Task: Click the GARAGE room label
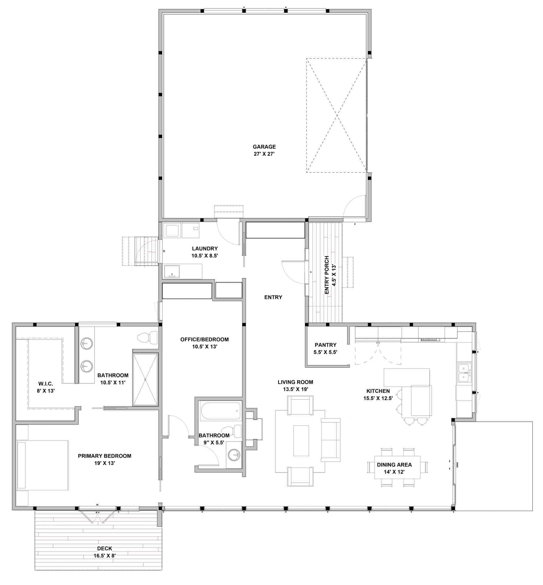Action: (264, 147)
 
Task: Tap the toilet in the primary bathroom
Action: (147, 338)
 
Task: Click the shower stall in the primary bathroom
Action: (145, 379)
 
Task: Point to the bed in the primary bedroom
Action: (43, 465)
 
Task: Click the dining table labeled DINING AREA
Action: (397, 468)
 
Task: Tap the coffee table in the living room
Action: (301, 441)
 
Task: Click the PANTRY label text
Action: (325, 345)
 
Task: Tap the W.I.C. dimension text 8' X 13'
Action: (45, 391)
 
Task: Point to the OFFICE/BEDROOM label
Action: (204, 339)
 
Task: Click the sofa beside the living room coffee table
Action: (330, 440)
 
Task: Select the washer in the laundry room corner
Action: (172, 230)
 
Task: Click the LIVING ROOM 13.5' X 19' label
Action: (295, 385)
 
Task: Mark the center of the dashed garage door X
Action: (337, 115)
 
